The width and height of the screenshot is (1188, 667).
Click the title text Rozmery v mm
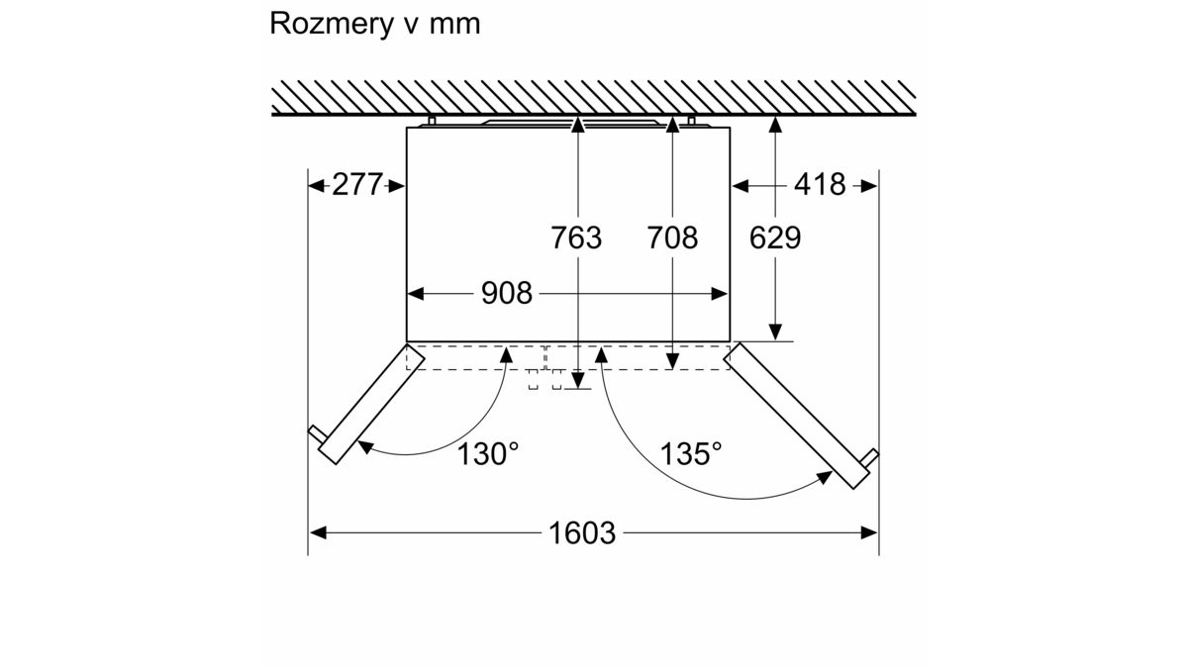(374, 25)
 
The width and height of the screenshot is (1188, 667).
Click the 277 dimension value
(357, 184)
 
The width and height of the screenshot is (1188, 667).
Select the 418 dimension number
(820, 184)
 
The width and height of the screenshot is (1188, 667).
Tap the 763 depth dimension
(577, 238)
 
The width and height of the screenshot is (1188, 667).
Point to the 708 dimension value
(672, 238)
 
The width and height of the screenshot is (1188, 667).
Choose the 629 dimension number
(775, 238)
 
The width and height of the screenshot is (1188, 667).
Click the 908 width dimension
(506, 293)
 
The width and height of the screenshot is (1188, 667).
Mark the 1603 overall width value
(582, 533)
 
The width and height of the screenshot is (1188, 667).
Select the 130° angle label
(489, 454)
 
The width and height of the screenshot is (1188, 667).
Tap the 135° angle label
(691, 454)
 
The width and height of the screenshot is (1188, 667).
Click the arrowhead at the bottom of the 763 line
(577, 381)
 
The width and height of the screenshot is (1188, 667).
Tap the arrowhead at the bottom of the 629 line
(776, 333)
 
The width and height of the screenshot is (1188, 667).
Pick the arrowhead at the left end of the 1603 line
(317, 533)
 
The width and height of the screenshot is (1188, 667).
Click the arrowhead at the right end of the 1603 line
(870, 533)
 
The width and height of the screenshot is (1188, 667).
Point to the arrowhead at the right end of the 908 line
(721, 294)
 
